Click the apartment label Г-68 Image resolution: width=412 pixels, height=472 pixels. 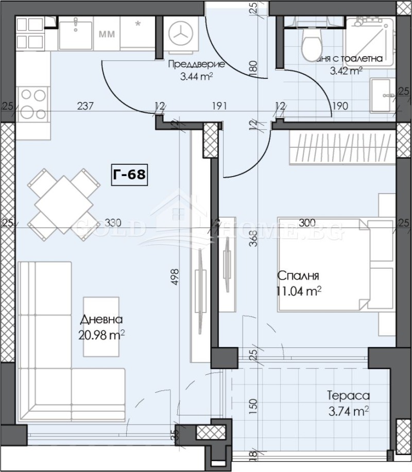(129, 174)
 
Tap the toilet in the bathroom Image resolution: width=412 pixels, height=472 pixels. (311, 45)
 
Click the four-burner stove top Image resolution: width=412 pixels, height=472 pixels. (32, 104)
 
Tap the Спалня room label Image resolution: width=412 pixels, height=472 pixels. (298, 275)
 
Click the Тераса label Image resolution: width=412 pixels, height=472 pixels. (348, 396)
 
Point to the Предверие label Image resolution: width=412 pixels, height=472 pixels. (196, 65)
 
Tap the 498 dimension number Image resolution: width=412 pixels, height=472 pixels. (175, 276)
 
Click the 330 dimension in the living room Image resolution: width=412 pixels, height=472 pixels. (112, 223)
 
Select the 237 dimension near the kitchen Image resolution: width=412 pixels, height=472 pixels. (85, 107)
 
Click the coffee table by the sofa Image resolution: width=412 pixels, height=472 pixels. (101, 326)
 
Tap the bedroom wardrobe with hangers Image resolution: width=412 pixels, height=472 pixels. (340, 147)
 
